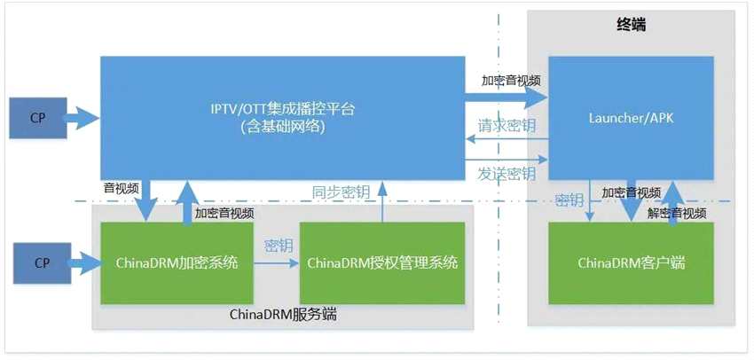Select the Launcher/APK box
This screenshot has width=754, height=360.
[631, 118]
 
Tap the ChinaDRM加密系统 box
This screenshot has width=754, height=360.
[177, 262]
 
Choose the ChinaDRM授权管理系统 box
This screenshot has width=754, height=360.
[381, 262]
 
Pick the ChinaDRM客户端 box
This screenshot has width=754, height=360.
[631, 262]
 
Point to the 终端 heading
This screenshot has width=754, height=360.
[631, 25]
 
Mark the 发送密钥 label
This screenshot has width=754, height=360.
[507, 172]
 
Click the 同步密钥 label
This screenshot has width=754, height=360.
[341, 192]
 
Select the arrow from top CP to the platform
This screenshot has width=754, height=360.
[82, 118]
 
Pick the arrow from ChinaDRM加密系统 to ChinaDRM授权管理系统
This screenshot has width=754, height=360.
[276, 263]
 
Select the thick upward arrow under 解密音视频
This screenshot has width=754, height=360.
[672, 200]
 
